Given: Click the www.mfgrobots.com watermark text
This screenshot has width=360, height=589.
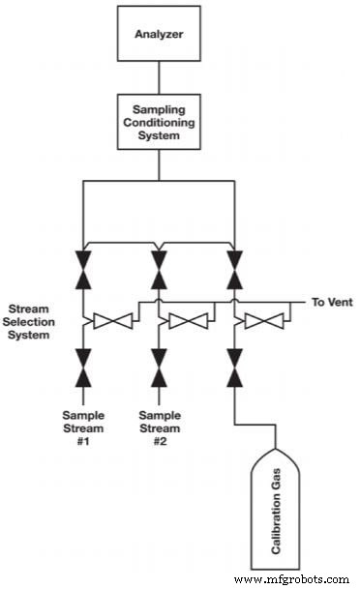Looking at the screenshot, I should click(290, 578).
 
